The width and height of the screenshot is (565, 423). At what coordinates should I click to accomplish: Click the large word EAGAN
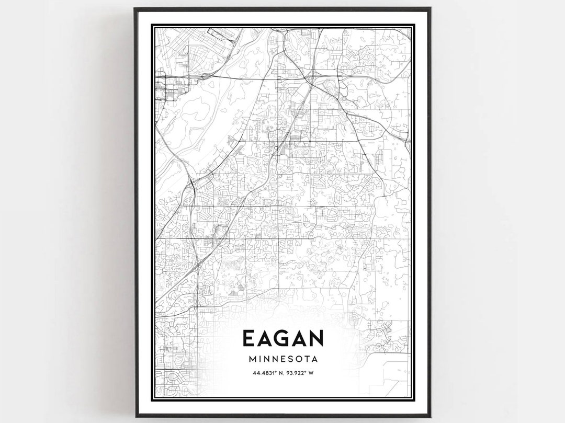pos(282,338)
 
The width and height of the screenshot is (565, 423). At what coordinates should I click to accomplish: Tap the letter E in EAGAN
pos(249,338)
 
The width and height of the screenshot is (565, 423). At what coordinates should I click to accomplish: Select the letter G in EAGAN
pos(284,338)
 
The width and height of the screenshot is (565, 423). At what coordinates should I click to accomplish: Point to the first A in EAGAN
pos(266,338)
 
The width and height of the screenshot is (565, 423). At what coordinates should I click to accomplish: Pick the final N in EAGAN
pos(316,338)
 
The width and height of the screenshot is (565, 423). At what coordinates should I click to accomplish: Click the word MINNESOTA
pos(282,359)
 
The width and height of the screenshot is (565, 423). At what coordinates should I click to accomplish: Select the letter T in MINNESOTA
pos(306,359)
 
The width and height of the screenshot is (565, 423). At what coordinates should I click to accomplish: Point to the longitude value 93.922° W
pos(300,373)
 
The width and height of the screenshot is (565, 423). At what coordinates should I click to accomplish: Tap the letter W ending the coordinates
pos(312,373)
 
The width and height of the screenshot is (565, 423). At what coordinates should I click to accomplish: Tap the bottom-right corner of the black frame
pos(430,416)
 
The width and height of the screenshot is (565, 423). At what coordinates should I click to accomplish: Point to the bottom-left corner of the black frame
pos(135,416)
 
